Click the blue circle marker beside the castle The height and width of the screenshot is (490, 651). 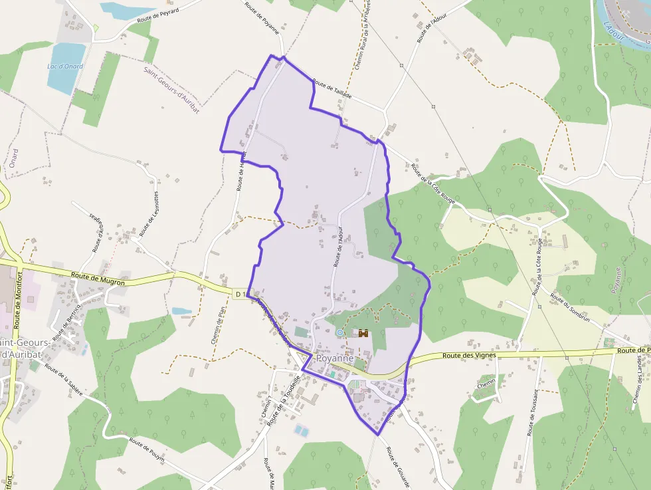click(340, 332)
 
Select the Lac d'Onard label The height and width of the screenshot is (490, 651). click(66, 66)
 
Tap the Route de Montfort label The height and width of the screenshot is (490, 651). click(19, 292)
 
